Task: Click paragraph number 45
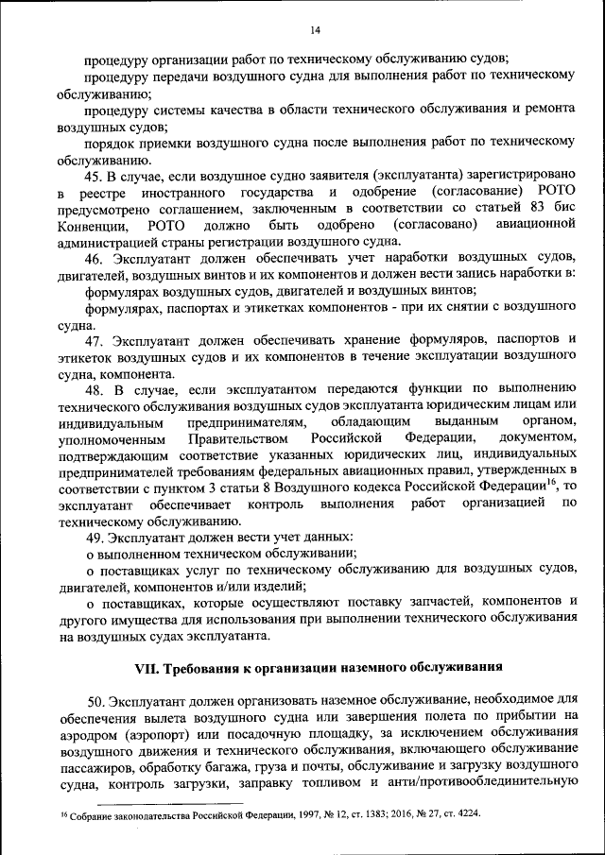(95, 175)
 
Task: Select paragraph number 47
(95, 339)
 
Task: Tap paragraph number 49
(95, 536)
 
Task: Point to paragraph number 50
(95, 700)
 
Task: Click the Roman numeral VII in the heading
(148, 666)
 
